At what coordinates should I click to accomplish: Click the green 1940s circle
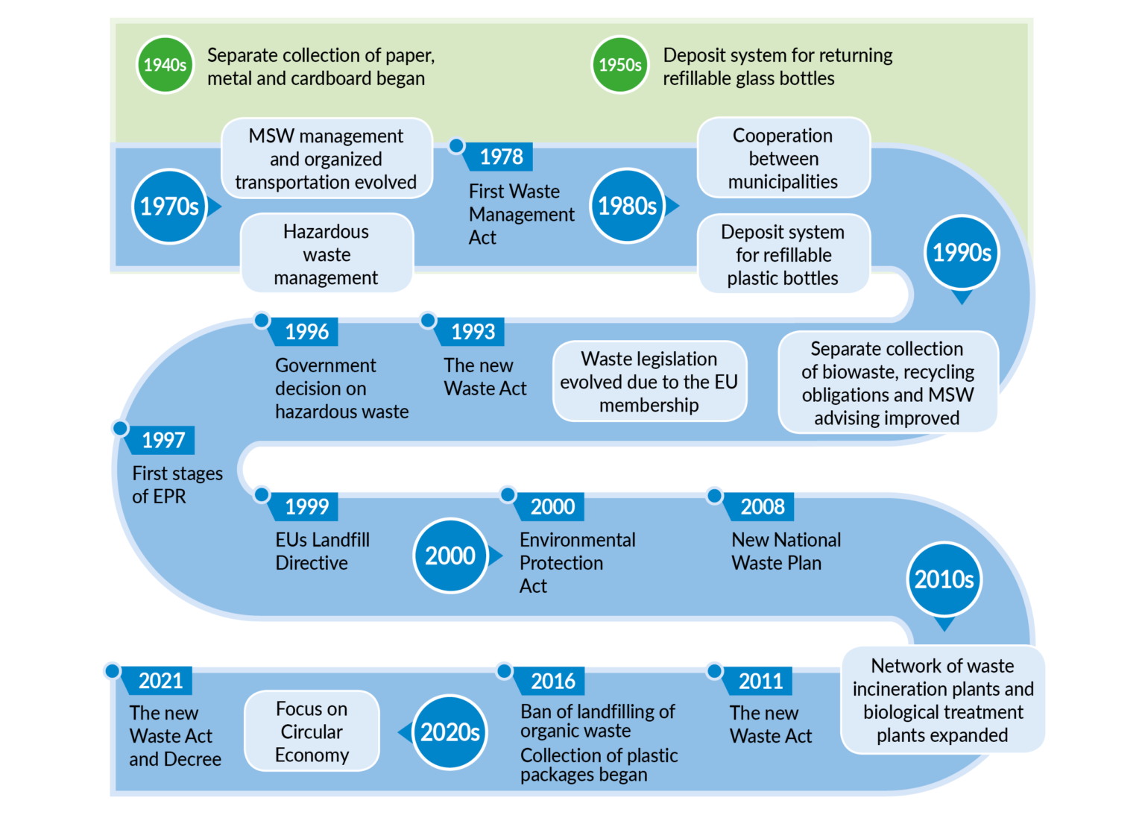pos(165,65)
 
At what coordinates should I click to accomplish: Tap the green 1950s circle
pos(619,65)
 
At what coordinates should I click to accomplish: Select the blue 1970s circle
pos(169,206)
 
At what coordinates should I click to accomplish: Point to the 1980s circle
pos(627,205)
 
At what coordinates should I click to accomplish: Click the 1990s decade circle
pos(962,253)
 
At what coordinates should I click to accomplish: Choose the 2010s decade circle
pos(944,579)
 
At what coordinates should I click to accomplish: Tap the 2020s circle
pos(450,732)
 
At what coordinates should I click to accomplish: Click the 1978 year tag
pos(501,157)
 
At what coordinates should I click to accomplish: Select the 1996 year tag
pos(306,332)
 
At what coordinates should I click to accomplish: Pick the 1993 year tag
pos(473,332)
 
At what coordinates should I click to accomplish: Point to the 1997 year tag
pos(163,440)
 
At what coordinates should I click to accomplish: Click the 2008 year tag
pos(762,507)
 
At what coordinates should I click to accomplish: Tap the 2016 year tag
pos(552,681)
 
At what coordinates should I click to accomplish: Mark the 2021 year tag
pos(160,681)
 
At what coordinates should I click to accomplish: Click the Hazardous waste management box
pos(326,254)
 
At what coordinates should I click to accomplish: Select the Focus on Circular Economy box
pos(312,732)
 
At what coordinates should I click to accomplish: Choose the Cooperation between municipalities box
pos(783,158)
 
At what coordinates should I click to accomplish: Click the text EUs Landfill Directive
pos(322,551)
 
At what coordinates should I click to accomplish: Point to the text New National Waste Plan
pos(786,551)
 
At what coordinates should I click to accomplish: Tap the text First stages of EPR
pos(177,485)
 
